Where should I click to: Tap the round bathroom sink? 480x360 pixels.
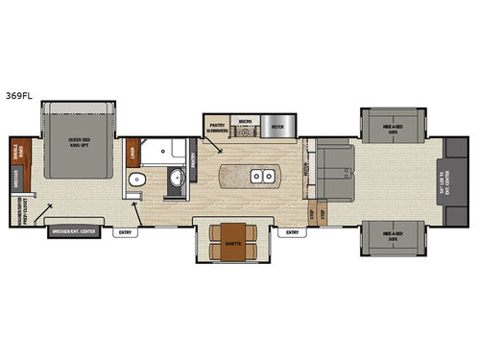[176, 180]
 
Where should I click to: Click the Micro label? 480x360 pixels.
[245, 123]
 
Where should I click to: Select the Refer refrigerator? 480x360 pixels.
[277, 126]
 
